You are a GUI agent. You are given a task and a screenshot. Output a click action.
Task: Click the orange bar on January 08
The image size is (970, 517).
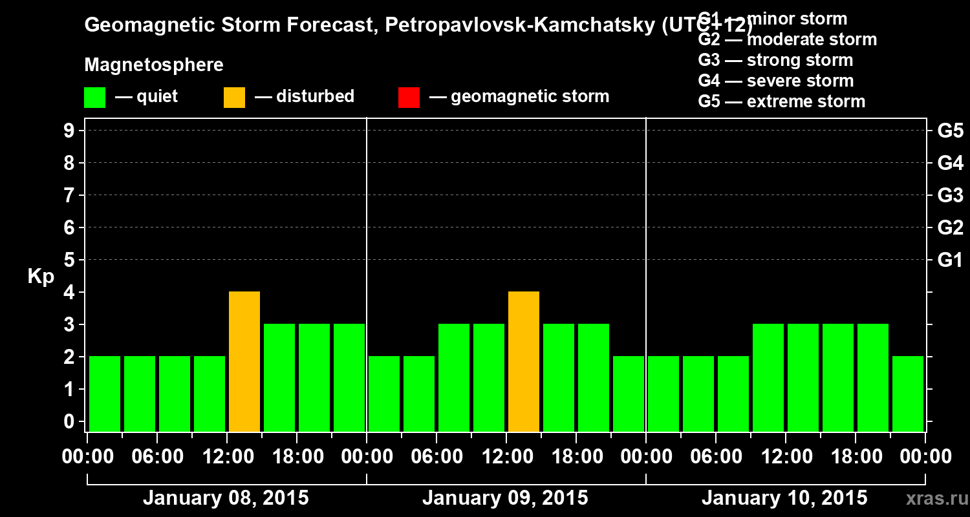point(244,362)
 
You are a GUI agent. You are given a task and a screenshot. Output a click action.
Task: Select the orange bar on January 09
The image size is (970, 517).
point(524,362)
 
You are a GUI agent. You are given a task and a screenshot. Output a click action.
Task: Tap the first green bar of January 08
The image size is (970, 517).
point(105,394)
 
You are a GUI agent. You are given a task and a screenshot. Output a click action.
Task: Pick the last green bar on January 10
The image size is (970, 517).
point(908,394)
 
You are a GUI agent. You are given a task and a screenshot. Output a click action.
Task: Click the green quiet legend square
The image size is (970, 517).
point(94,97)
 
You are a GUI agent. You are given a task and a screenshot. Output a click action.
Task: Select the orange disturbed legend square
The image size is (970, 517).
point(234,97)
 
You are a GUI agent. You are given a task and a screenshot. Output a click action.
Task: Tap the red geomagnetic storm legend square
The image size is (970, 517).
point(409,97)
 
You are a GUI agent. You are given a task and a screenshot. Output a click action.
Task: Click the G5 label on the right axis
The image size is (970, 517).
point(950,131)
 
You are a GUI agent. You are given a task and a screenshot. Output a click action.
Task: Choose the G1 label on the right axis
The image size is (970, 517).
point(950,260)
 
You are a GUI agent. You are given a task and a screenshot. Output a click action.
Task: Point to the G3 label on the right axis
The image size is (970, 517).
point(950,196)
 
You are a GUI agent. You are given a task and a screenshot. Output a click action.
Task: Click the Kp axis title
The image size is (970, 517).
point(41,277)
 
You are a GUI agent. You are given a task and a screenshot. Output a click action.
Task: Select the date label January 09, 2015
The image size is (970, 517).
point(505,498)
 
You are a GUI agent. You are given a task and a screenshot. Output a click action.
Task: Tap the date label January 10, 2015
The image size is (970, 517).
point(784,498)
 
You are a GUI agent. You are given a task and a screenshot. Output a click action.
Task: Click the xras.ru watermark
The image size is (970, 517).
point(936,499)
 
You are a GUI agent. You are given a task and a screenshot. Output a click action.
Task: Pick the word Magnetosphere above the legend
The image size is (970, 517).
point(154,65)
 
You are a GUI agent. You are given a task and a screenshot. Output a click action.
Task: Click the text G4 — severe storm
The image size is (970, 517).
point(775,81)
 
